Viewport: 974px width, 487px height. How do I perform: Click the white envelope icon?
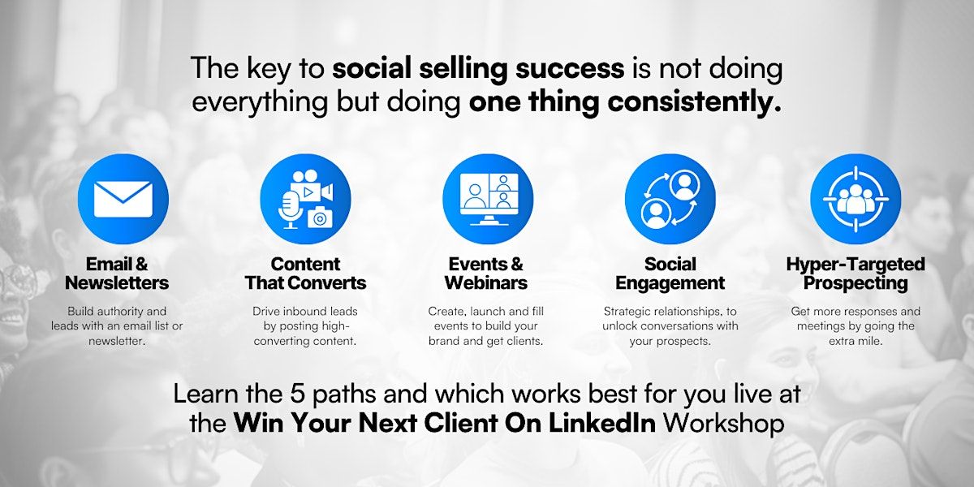[x=123, y=199]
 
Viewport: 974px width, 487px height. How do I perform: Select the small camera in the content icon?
[x=320, y=218]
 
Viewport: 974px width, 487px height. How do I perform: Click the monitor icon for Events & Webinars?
[x=489, y=199]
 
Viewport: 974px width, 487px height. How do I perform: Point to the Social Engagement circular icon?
[x=670, y=199]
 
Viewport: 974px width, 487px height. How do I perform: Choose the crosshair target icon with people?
[x=855, y=199]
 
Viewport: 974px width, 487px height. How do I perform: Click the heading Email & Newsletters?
[x=117, y=273]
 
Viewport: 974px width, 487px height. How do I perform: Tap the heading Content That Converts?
[x=305, y=273]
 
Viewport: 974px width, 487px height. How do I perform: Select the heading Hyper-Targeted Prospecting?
[x=855, y=273]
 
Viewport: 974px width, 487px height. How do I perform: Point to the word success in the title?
[x=570, y=68]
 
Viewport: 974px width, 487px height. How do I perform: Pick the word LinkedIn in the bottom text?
[x=602, y=422]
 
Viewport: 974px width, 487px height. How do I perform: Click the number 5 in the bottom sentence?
[x=296, y=394]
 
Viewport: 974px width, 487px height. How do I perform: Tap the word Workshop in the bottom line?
[x=723, y=424]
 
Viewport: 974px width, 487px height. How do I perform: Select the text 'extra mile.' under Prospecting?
[x=855, y=341]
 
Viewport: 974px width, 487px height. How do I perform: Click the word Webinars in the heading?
[x=486, y=283]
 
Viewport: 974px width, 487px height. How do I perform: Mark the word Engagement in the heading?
[x=670, y=283]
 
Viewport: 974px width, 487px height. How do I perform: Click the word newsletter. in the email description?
[x=117, y=341]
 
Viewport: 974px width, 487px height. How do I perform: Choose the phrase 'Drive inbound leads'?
[x=305, y=312]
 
